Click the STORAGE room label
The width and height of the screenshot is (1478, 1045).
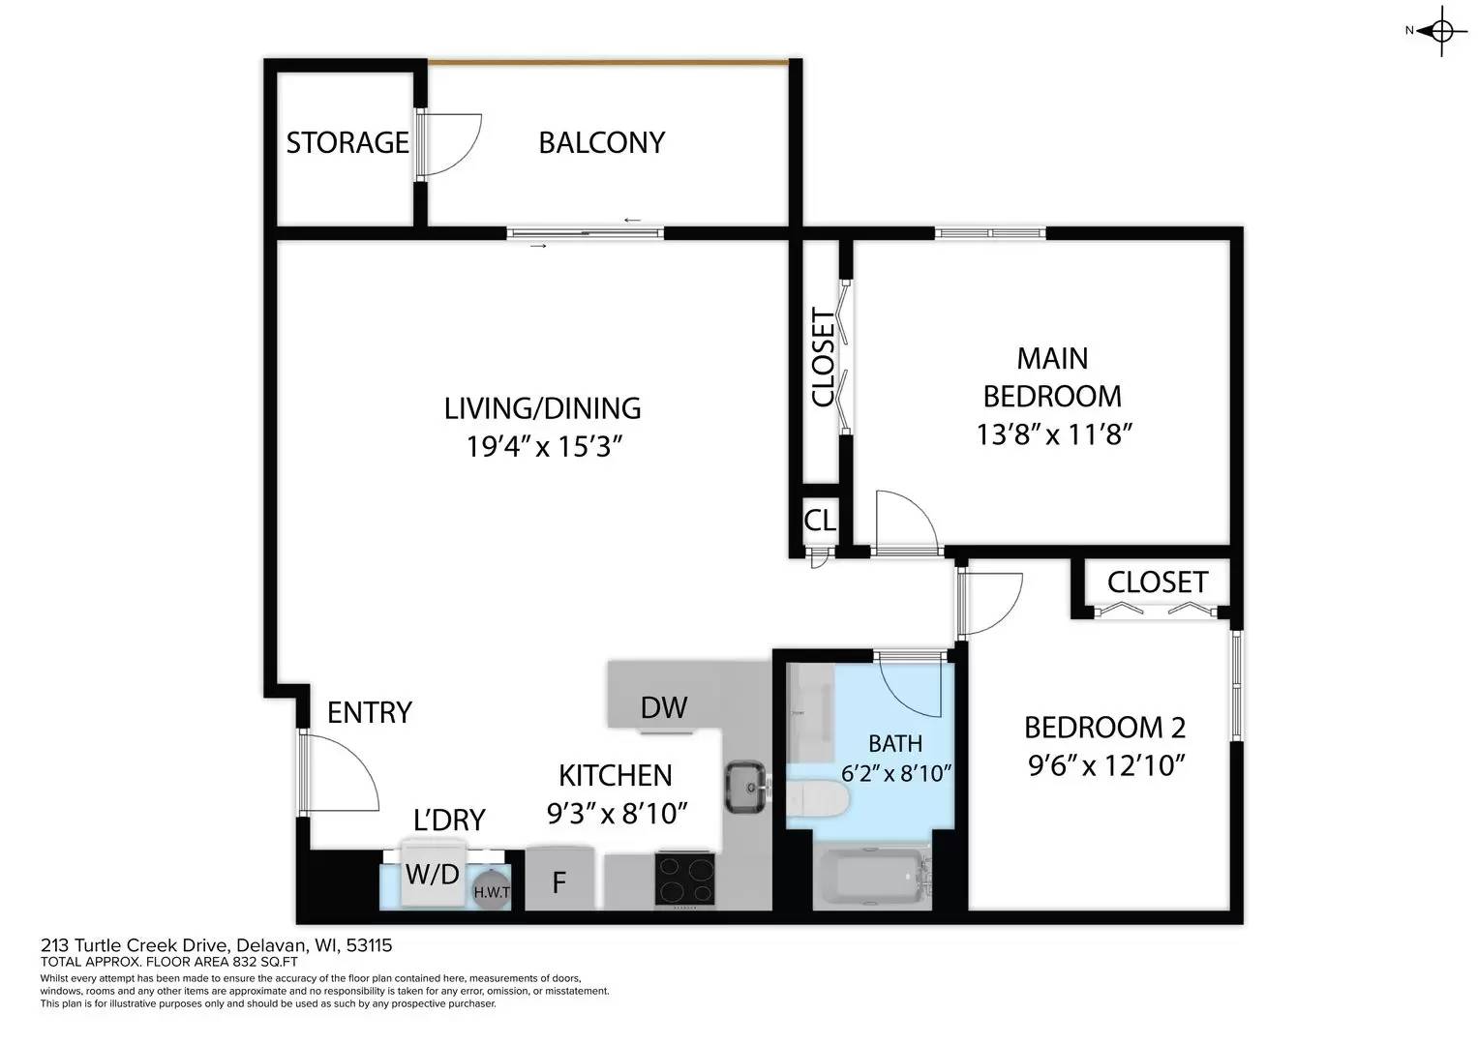pos(347,143)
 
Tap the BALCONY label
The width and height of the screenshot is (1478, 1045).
pos(601,143)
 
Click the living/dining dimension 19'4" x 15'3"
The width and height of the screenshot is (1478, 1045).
pos(542,447)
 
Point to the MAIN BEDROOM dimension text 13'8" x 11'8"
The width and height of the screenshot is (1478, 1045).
pos(1053,434)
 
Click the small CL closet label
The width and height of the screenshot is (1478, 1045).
pos(820,521)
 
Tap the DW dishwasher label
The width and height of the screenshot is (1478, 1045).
pos(664,708)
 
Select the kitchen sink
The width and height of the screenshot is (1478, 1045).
pos(745,787)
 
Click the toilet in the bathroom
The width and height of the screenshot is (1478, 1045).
pos(819,800)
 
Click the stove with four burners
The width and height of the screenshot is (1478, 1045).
pos(685,880)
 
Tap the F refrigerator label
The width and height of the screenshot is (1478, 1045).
pos(558,883)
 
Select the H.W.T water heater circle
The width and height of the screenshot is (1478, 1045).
pos(491,890)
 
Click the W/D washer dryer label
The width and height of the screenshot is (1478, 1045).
pos(432,876)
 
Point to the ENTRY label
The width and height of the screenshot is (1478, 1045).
pos(369,713)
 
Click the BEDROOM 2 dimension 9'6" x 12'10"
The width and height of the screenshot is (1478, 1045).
pos(1106,766)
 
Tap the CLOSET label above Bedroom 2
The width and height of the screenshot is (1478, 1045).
pos(1157,582)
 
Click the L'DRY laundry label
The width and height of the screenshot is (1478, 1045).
pos(448,821)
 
